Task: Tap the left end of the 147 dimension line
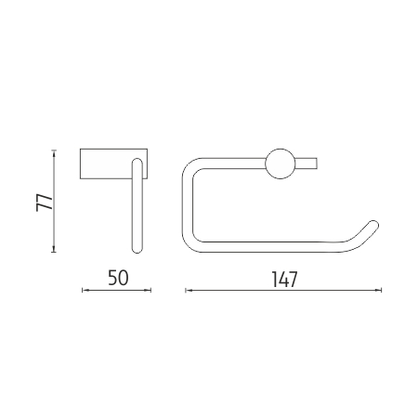[x=187, y=290]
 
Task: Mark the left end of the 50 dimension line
[x=83, y=290]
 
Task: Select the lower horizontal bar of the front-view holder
[x=269, y=246]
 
